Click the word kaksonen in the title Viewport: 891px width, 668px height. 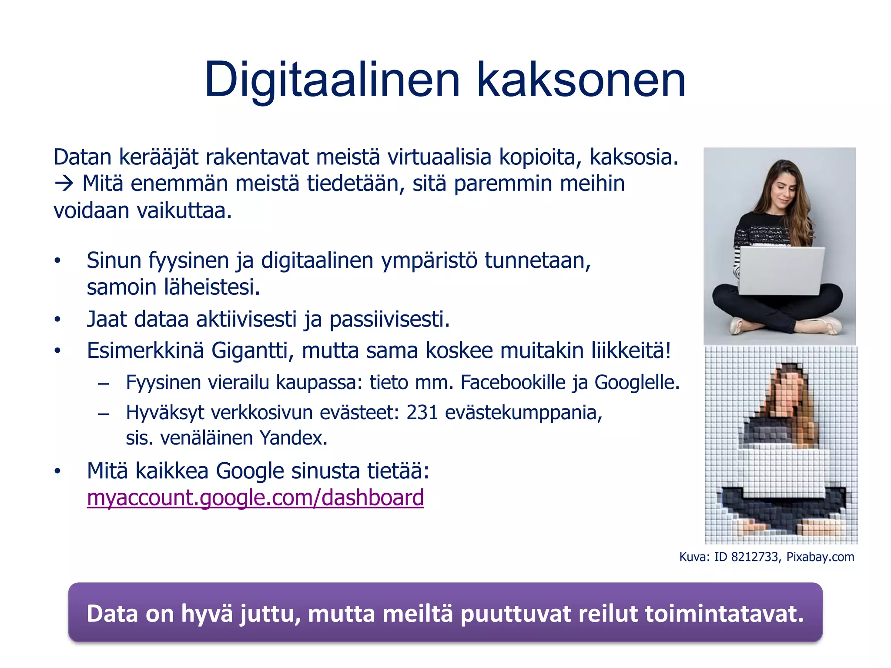coord(581,80)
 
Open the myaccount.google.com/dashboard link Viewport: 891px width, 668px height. coord(255,498)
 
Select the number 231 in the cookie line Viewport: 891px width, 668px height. coord(422,412)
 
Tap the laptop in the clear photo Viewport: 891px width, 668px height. coord(781,271)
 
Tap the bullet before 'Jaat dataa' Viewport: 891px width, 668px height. coord(57,320)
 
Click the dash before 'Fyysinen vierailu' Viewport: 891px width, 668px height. coord(104,384)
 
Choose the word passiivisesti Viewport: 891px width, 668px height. coord(389,320)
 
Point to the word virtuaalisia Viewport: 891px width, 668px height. coord(439,157)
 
